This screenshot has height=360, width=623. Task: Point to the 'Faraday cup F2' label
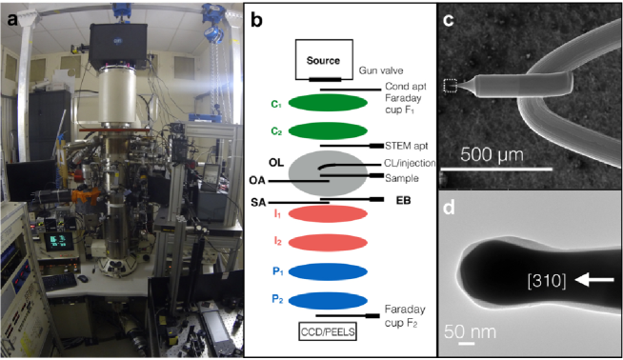[408, 316]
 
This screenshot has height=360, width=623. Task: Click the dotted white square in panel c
[451, 87]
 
